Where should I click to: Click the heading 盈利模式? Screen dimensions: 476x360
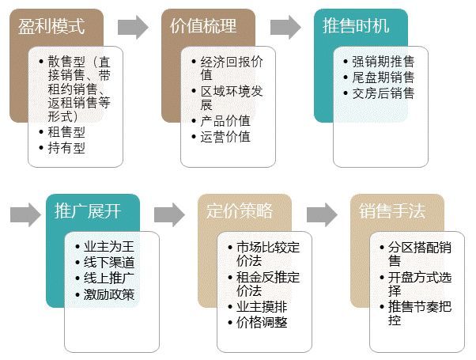(51, 26)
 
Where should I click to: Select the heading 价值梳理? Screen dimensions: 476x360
(203, 26)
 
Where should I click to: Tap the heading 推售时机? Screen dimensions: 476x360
(356, 26)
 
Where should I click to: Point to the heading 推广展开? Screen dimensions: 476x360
(88, 210)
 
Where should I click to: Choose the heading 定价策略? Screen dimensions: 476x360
(240, 210)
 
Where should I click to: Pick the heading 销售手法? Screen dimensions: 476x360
(392, 210)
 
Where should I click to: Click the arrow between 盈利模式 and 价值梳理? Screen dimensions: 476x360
(133, 28)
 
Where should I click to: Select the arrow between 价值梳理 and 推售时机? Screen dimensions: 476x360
(285, 28)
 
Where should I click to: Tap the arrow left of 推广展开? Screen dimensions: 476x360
(25, 214)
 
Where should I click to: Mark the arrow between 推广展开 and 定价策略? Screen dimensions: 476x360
(169, 214)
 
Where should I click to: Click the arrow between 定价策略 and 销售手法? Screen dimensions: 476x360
(322, 214)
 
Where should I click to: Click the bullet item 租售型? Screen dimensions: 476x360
(66, 132)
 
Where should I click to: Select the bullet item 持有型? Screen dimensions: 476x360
(66, 148)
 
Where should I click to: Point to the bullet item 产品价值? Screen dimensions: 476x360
(225, 120)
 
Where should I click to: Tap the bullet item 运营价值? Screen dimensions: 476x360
(225, 136)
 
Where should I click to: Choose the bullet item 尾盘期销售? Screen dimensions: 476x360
(383, 78)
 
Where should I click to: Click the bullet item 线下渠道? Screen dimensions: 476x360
(109, 262)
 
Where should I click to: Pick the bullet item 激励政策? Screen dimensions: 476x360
(109, 294)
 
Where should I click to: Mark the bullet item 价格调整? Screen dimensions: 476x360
(262, 322)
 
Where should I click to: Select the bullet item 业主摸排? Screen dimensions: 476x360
(262, 306)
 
